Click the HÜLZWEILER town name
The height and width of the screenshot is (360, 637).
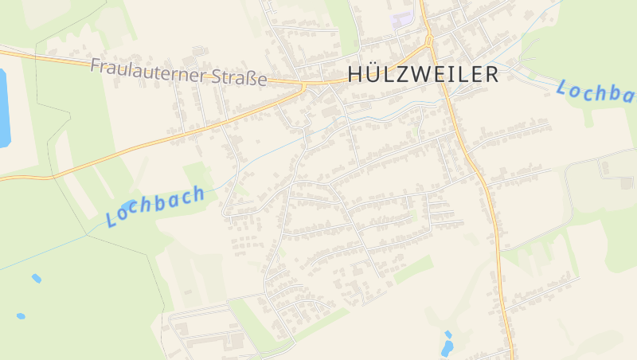pos(423,74)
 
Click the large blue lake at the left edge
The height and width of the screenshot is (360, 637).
pos(4,108)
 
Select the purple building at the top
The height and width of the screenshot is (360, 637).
pos(402,18)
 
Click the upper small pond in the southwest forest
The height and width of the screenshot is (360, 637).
pos(36,278)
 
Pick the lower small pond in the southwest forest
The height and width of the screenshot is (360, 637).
pos(21,316)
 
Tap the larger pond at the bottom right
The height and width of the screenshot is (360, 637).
pos(447,347)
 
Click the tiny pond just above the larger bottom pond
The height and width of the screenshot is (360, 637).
pos(448,335)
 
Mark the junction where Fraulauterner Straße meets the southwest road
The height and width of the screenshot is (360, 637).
pos(303,85)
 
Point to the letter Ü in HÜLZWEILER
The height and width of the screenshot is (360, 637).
pos(376,73)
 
